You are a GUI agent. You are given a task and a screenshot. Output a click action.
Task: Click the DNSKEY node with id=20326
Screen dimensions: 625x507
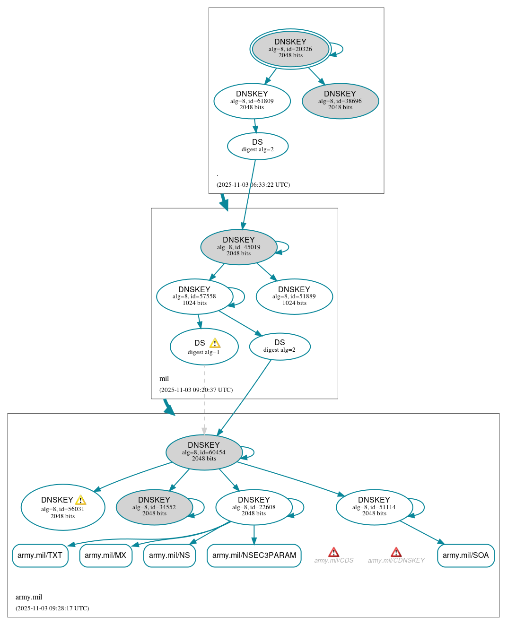(290, 49)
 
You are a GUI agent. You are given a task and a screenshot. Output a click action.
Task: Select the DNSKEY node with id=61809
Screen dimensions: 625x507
(252, 101)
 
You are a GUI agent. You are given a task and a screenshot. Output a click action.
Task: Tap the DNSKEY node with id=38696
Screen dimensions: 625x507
(340, 101)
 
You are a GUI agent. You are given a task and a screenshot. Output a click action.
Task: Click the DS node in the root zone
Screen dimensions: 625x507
(257, 146)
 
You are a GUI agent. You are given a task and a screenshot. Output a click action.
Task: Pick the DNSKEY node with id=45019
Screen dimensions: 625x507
(238, 247)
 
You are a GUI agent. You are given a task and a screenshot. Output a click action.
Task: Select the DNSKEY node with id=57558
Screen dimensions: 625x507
(194, 296)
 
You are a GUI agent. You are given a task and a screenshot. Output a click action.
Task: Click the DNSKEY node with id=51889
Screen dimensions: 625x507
(294, 296)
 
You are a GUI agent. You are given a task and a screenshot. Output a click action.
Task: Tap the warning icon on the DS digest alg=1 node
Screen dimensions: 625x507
(215, 343)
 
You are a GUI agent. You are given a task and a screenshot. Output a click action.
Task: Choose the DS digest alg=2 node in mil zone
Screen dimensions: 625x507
(280, 347)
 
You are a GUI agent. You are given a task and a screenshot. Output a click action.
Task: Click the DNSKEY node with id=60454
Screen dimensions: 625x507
(204, 452)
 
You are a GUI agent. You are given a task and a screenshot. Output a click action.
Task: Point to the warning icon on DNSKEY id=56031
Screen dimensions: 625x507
(81, 500)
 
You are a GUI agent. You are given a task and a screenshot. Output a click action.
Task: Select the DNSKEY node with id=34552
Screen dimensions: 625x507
(154, 507)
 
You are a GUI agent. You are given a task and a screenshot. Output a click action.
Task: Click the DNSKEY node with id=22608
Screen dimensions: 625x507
(254, 507)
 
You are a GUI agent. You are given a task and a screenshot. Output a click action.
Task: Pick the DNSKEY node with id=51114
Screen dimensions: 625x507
(374, 507)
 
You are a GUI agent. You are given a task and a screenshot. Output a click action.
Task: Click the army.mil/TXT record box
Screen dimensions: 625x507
(40, 556)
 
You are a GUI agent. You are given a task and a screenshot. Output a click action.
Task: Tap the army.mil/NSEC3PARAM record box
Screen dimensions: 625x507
(254, 556)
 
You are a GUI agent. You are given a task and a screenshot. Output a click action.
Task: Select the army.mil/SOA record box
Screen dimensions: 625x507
(465, 556)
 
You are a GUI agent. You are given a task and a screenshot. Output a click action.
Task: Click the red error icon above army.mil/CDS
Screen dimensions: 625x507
(333, 552)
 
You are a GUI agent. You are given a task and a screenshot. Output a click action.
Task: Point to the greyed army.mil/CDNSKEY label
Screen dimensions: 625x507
(396, 561)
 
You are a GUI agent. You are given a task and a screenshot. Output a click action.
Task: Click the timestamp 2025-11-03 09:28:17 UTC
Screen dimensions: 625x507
(52, 608)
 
